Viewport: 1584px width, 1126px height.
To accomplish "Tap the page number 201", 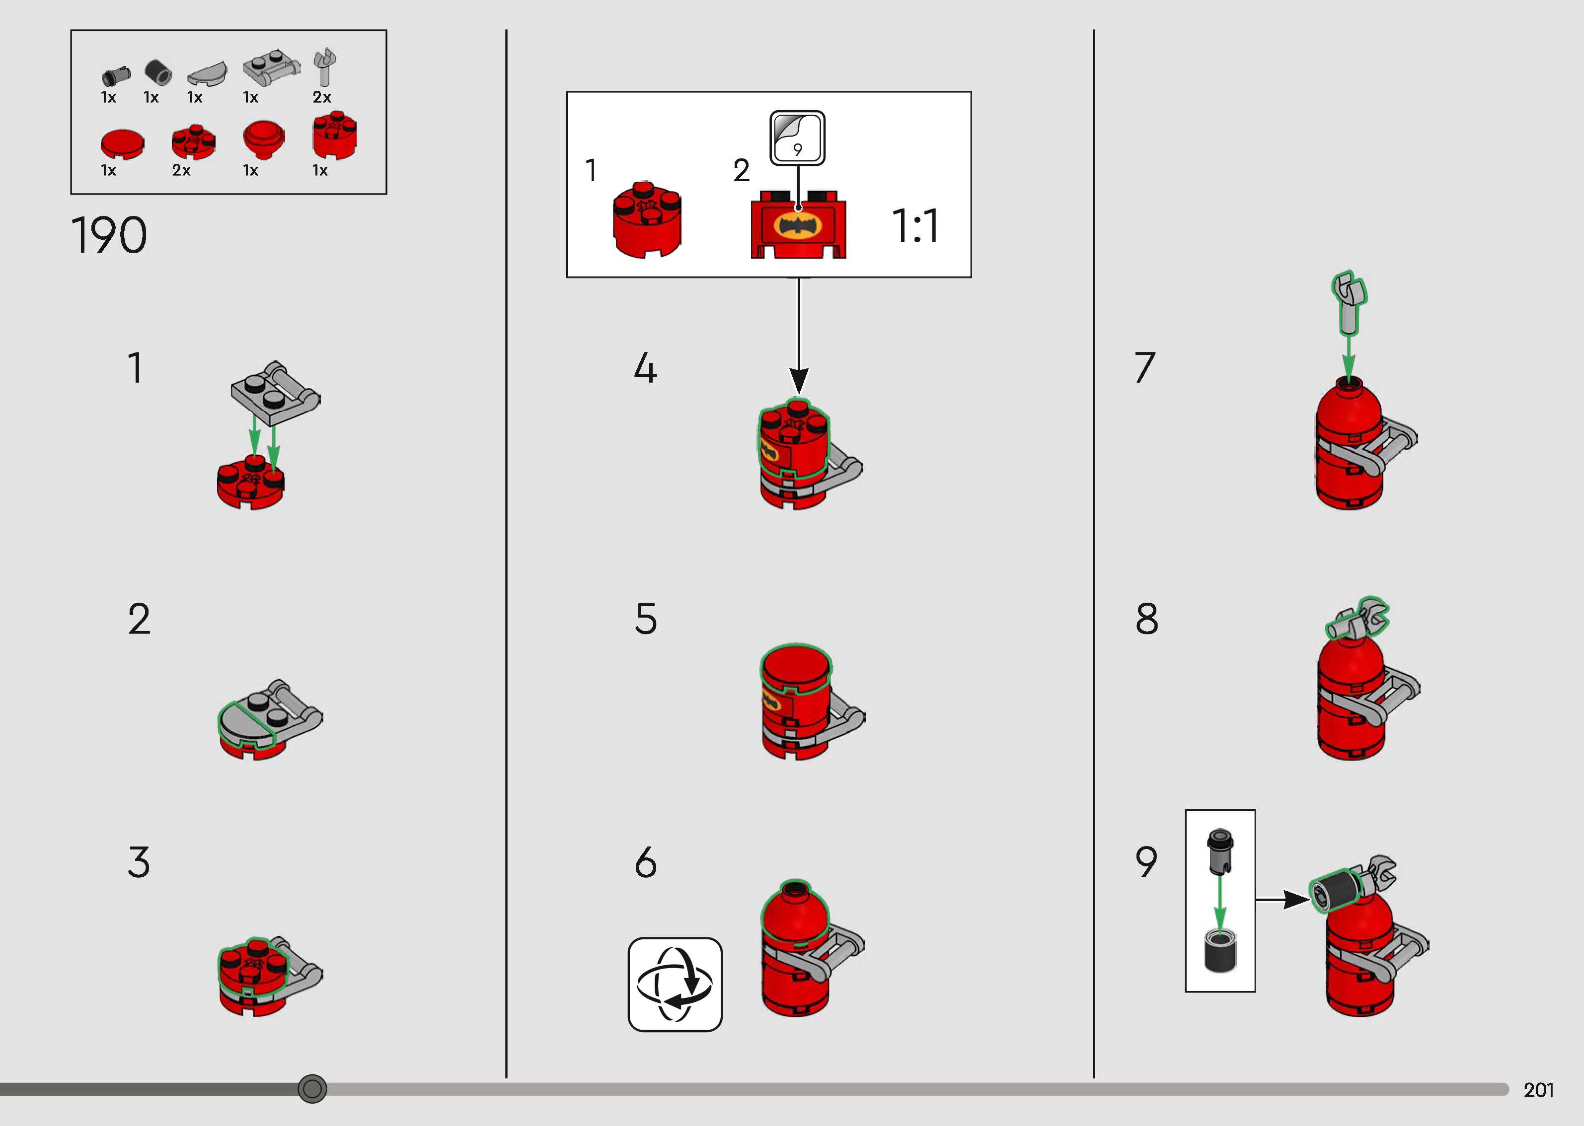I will (1538, 1090).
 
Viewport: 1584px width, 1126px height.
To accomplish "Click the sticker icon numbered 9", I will (798, 138).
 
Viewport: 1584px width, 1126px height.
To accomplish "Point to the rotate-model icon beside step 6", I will (675, 985).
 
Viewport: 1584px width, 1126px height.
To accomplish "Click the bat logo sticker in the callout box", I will (798, 226).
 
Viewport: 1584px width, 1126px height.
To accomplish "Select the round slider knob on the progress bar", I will (312, 1089).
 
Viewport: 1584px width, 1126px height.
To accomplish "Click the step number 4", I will (645, 368).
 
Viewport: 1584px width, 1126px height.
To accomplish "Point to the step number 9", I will (1146, 862).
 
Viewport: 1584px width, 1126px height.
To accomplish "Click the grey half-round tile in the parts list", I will (207, 73).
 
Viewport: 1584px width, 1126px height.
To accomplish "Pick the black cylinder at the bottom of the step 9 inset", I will (1220, 951).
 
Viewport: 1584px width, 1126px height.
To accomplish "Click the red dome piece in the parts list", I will (264, 140).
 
